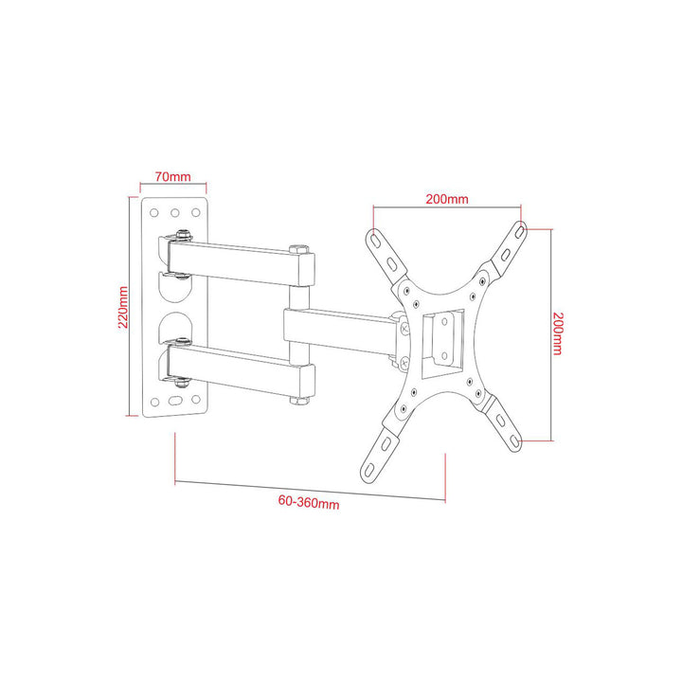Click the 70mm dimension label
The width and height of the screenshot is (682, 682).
(174, 176)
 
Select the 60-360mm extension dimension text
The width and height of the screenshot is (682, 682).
(310, 503)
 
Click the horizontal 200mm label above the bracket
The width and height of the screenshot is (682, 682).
(446, 199)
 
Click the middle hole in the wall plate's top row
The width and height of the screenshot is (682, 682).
(175, 213)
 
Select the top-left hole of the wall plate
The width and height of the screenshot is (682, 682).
(154, 213)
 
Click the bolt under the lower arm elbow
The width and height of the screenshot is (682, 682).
(298, 402)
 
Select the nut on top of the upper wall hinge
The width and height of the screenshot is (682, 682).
(180, 233)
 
